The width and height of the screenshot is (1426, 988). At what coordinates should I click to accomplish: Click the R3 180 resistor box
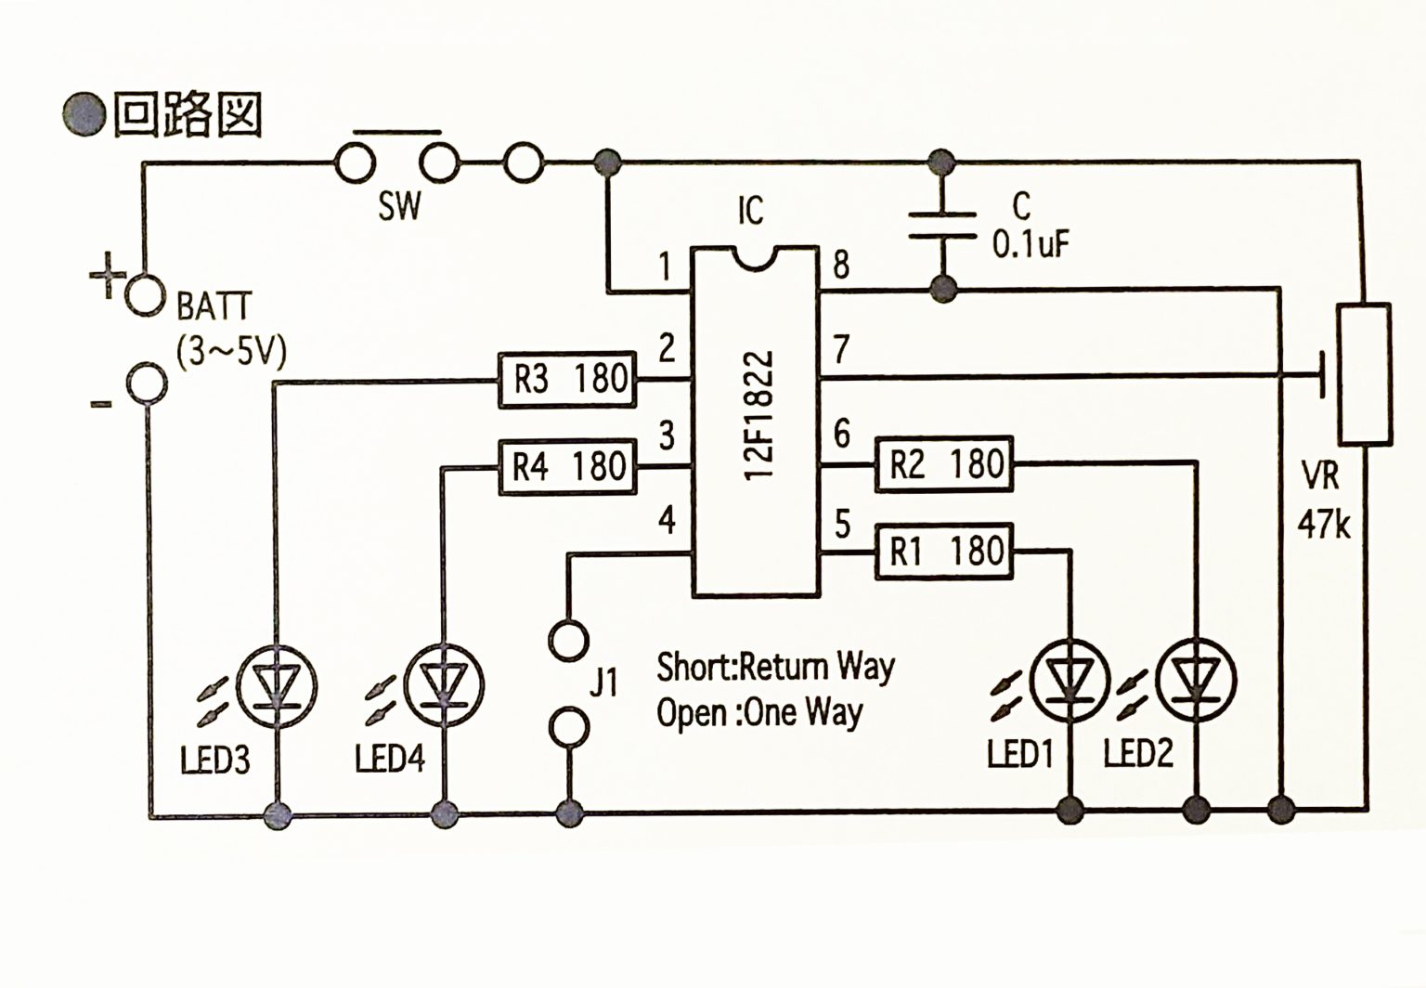click(x=567, y=379)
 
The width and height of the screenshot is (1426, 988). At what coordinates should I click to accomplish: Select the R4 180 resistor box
click(x=567, y=466)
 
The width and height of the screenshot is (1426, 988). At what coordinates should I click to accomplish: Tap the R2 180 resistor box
click(x=945, y=463)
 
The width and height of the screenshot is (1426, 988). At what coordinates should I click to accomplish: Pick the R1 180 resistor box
click(x=945, y=551)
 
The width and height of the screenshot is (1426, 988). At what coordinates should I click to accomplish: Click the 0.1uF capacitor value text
click(x=1031, y=244)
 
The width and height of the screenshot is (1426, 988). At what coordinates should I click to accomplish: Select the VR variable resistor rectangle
click(x=1364, y=373)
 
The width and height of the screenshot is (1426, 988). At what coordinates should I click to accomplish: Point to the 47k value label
click(x=1324, y=525)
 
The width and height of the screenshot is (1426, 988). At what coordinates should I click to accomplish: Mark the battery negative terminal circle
click(x=147, y=383)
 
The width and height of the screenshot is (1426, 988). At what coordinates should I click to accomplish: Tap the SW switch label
click(x=399, y=206)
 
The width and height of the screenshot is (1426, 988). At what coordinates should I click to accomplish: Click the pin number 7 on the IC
click(x=841, y=349)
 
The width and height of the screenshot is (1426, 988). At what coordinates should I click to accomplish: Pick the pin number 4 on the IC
click(x=667, y=520)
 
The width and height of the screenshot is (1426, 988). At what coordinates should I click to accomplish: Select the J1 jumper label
click(x=604, y=683)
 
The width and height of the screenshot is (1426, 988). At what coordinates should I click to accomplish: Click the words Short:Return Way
click(x=775, y=666)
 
